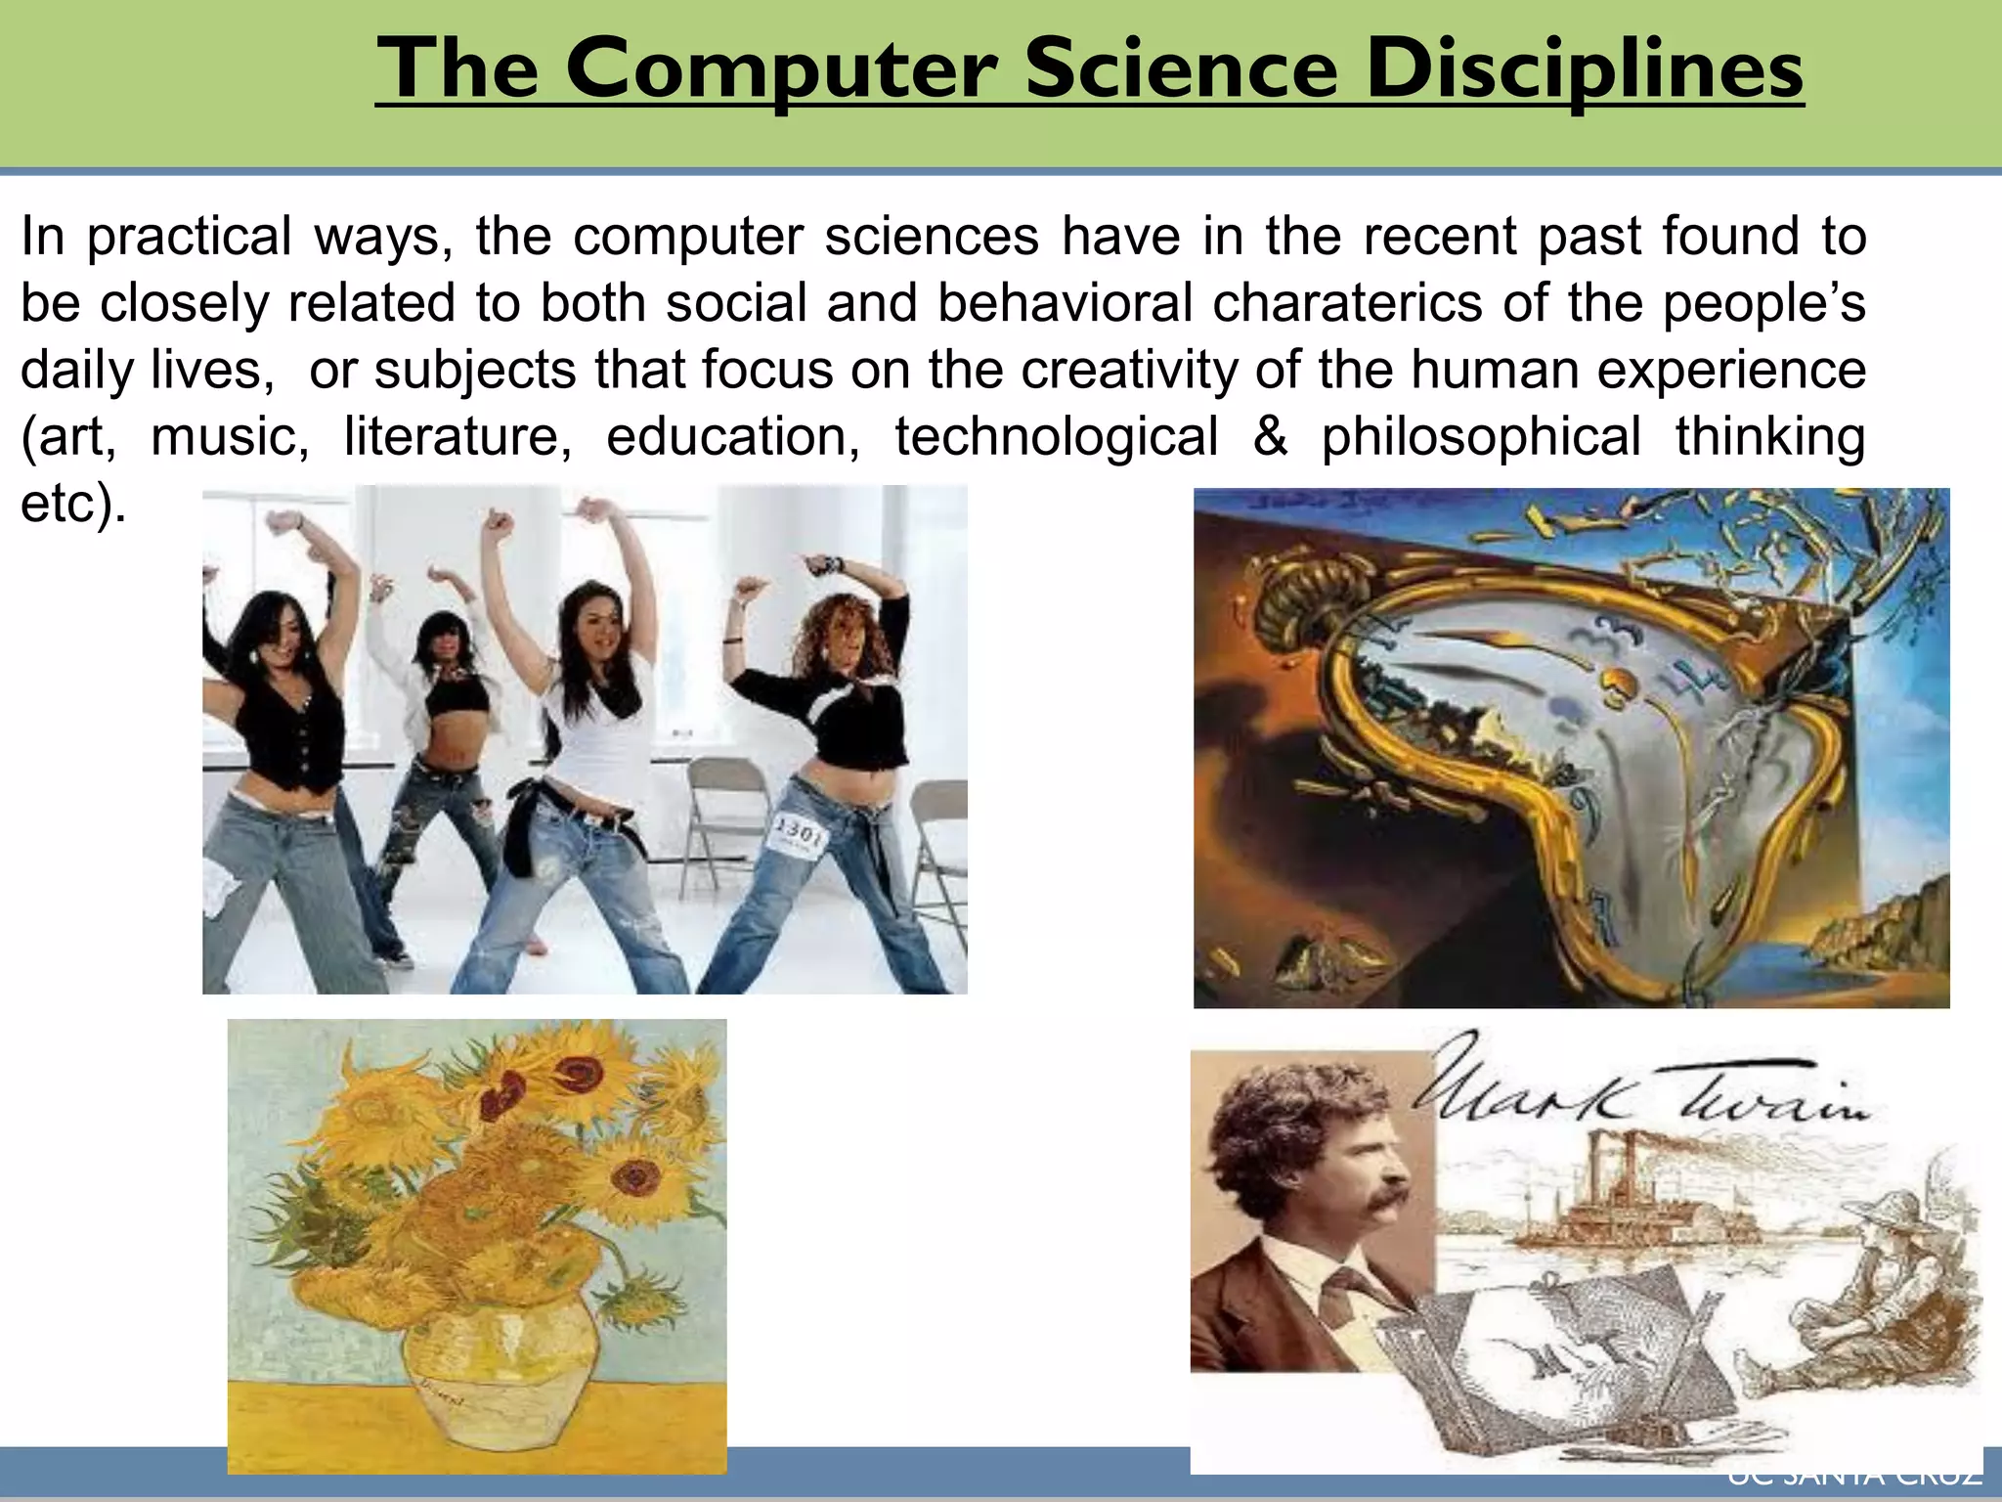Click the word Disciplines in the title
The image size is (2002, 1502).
(1584, 70)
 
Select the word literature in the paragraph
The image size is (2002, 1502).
(457, 436)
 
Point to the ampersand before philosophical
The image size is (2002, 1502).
(1269, 436)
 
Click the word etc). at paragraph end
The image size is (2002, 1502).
(73, 504)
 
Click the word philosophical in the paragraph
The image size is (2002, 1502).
(1480, 436)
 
